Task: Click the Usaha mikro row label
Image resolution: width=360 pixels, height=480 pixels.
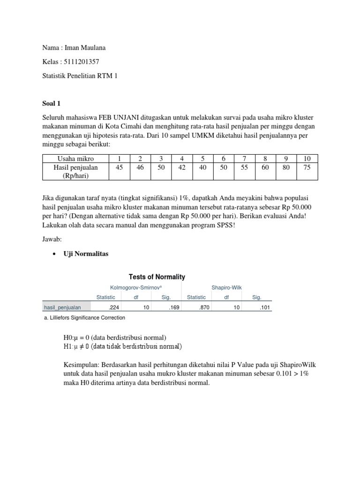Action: tap(75, 158)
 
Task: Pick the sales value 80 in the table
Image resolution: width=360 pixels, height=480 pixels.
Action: tap(286, 167)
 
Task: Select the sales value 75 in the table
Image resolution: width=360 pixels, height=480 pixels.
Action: tap(307, 167)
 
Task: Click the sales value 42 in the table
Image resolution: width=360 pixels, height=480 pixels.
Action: tap(182, 167)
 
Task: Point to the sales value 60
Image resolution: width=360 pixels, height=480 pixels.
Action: tap(265, 167)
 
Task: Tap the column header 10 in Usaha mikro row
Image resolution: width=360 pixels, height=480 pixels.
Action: tap(307, 158)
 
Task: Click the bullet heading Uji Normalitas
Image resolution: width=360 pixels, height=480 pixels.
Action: tap(86, 254)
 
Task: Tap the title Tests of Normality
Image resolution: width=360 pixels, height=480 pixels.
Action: tap(157, 277)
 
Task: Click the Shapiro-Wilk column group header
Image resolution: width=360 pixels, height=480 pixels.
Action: tap(226, 287)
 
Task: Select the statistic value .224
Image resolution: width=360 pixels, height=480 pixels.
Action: tap(113, 307)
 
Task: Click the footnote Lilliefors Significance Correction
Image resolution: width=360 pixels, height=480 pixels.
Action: tap(87, 317)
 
